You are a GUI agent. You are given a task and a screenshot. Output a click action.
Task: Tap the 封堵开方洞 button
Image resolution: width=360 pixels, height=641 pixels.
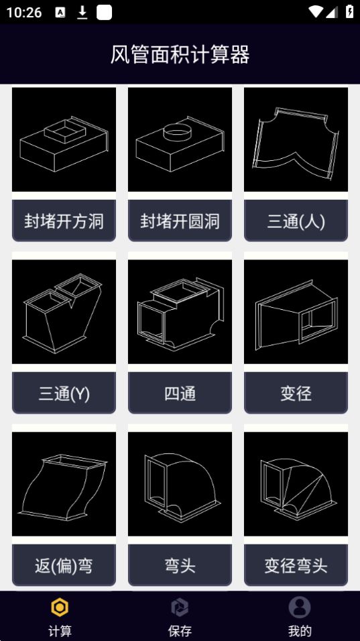tap(64, 221)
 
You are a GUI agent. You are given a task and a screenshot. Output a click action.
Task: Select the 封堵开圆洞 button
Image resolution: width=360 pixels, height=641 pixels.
tap(180, 221)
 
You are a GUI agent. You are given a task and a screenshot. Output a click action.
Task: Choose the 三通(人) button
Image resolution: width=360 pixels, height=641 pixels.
tap(296, 221)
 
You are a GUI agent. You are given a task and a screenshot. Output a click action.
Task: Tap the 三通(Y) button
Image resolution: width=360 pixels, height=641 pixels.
tap(64, 394)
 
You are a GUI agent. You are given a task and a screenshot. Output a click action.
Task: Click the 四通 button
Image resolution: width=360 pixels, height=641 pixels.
tap(180, 394)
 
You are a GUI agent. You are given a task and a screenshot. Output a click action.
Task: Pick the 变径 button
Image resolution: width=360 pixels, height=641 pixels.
tap(296, 394)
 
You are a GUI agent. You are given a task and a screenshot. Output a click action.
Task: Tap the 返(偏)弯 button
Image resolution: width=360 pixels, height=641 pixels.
tap(64, 565)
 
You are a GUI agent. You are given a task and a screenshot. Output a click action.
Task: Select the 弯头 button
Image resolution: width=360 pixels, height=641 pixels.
tap(180, 565)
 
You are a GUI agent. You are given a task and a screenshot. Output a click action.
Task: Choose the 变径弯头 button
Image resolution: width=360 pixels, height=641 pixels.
tap(296, 565)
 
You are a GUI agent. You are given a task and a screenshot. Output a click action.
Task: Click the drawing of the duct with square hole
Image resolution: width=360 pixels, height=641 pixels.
tap(64, 139)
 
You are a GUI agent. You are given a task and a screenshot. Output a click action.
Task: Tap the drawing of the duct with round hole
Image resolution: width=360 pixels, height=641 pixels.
tap(180, 139)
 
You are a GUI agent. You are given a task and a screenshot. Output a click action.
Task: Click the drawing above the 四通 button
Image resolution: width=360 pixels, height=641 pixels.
tap(180, 312)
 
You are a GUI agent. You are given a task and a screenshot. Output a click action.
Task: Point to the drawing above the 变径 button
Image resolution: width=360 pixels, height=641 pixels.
tap(296, 312)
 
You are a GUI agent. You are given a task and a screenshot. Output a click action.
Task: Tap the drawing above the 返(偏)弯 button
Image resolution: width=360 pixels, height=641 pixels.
tap(64, 484)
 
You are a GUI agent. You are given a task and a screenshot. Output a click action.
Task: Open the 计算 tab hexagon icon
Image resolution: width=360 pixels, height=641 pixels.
tap(60, 607)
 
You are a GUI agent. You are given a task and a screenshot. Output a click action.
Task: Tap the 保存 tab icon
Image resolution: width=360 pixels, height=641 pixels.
tap(180, 607)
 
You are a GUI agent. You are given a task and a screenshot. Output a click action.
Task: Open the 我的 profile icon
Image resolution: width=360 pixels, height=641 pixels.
tap(300, 607)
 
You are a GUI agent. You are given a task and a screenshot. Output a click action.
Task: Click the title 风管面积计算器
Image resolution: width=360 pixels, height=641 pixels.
tap(180, 54)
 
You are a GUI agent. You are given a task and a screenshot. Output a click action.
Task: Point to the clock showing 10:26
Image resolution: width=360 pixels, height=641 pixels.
tap(24, 12)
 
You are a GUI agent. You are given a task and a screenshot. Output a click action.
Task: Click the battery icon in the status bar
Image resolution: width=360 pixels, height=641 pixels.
tap(349, 11)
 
